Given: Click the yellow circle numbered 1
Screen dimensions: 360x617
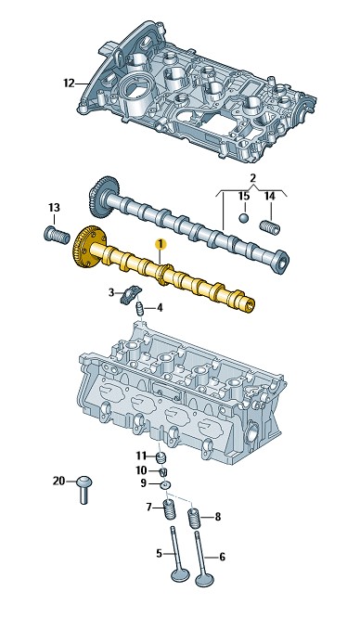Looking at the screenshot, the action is coord(161,244).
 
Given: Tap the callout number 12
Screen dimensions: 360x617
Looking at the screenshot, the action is coord(69,84).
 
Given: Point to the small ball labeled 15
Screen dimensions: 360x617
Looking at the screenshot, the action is coord(244,218).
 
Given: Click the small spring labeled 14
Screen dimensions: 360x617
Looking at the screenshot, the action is coord(270,227).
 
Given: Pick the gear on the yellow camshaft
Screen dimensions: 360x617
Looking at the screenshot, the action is coord(85,248).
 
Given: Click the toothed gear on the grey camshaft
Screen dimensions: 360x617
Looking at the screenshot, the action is coord(101,197).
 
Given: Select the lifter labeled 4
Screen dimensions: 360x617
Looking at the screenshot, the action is coord(140,308).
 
